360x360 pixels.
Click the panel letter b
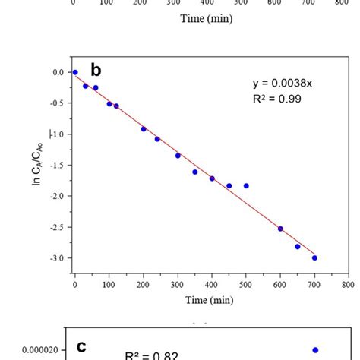pyautogui.click(x=96, y=71)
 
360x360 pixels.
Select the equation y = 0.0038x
pyautogui.click(x=283, y=84)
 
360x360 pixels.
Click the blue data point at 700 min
pyautogui.click(x=314, y=257)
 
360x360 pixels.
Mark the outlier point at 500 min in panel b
pyautogui.click(x=246, y=185)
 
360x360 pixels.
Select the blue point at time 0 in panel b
pyautogui.click(x=74, y=72)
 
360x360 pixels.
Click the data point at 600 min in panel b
pyautogui.click(x=280, y=229)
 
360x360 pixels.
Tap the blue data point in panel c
pyautogui.click(x=315, y=350)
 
